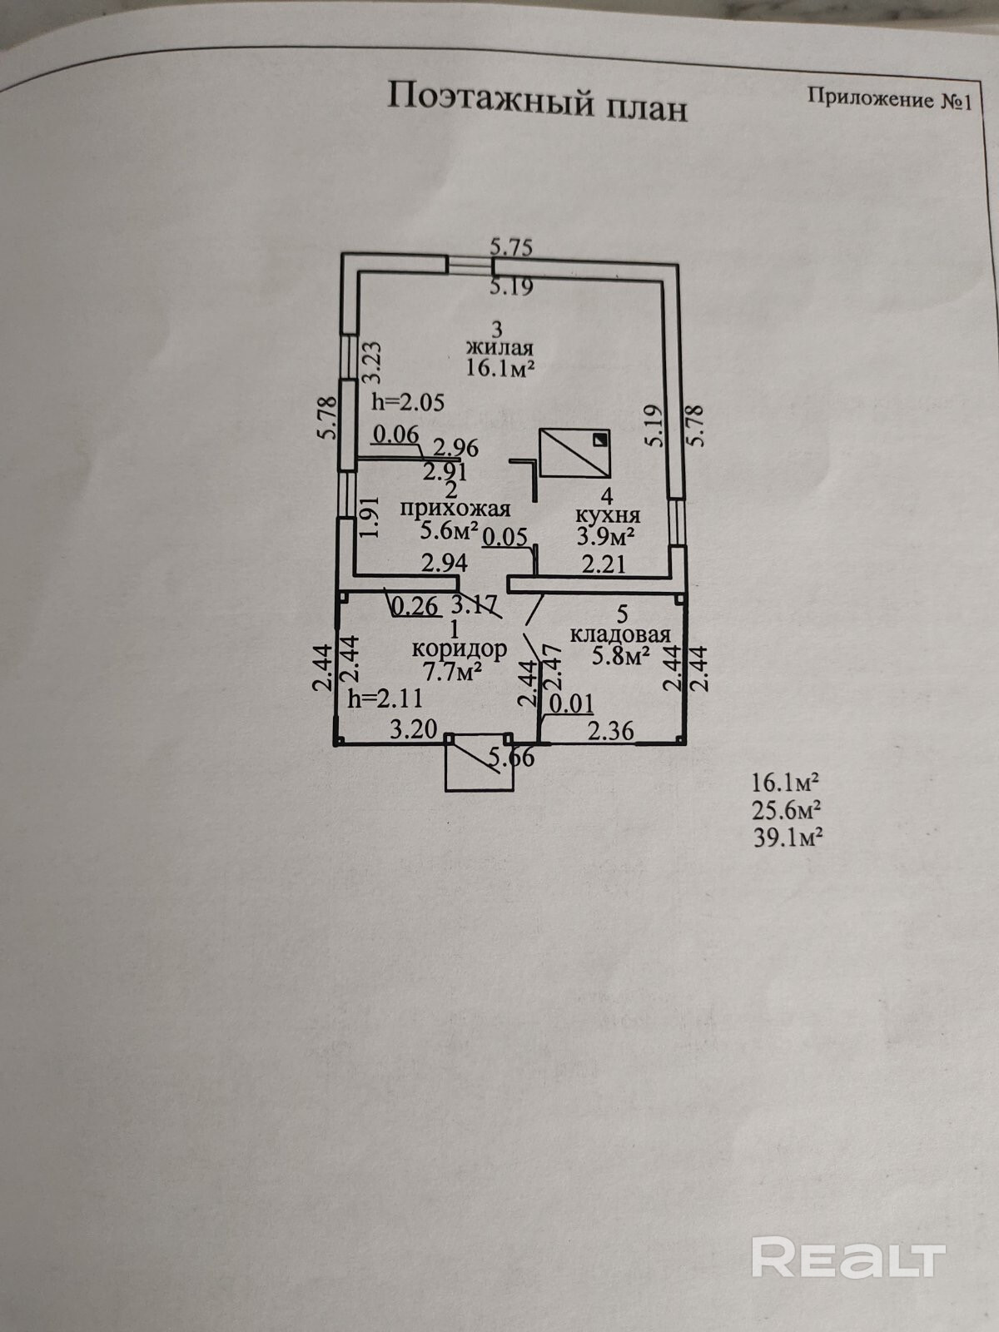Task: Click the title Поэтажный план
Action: pyautogui.click(x=538, y=102)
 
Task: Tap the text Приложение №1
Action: pyautogui.click(x=889, y=99)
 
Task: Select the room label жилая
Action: pyautogui.click(x=499, y=347)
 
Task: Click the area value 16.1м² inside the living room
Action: pyautogui.click(x=499, y=368)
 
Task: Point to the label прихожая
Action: pyautogui.click(x=455, y=508)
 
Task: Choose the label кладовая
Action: pyautogui.click(x=620, y=635)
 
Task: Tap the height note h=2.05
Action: pyautogui.click(x=408, y=402)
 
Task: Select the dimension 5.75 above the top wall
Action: pyautogui.click(x=510, y=246)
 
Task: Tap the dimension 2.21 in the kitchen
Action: pyautogui.click(x=604, y=565)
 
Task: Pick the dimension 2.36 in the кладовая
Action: pyautogui.click(x=611, y=731)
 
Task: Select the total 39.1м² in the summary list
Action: pyautogui.click(x=788, y=837)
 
